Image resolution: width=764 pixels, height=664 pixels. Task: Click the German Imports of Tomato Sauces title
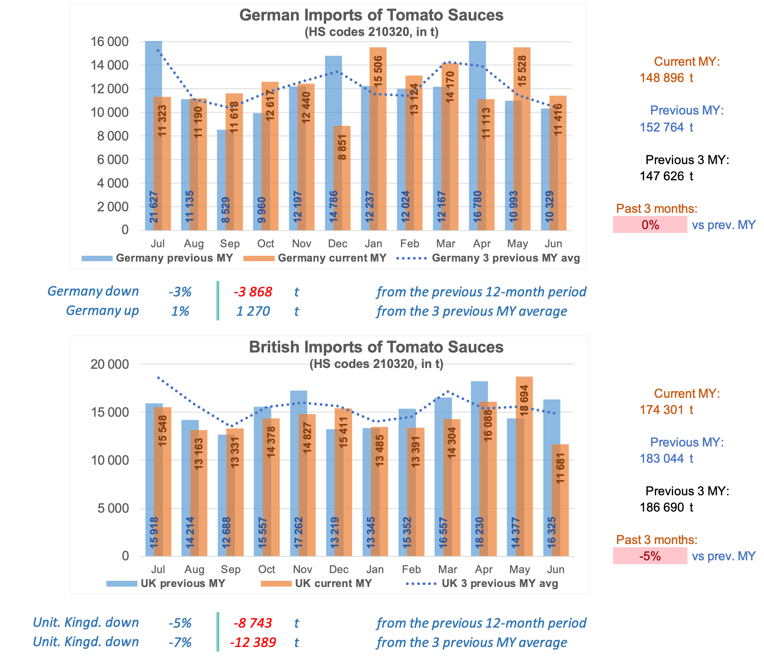(371, 15)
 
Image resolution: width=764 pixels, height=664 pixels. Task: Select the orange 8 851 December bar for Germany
(343, 178)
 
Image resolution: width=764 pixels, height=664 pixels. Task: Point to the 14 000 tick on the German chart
(110, 65)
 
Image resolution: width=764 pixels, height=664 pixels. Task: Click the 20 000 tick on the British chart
(110, 364)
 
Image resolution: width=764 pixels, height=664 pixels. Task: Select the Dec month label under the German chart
(337, 244)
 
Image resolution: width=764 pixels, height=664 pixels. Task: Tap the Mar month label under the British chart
(447, 570)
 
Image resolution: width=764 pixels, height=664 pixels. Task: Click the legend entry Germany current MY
(332, 258)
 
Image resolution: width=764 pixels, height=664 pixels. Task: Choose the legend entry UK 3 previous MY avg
(500, 584)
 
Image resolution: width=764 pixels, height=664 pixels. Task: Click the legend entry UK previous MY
(183, 584)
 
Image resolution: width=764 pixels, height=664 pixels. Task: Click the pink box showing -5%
(650, 556)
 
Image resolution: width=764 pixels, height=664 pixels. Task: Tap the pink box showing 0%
(650, 225)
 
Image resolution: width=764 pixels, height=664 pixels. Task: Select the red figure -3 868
(253, 292)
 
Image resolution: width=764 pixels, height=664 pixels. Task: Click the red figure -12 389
(253, 642)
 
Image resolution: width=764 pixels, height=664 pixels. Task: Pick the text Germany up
(102, 311)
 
